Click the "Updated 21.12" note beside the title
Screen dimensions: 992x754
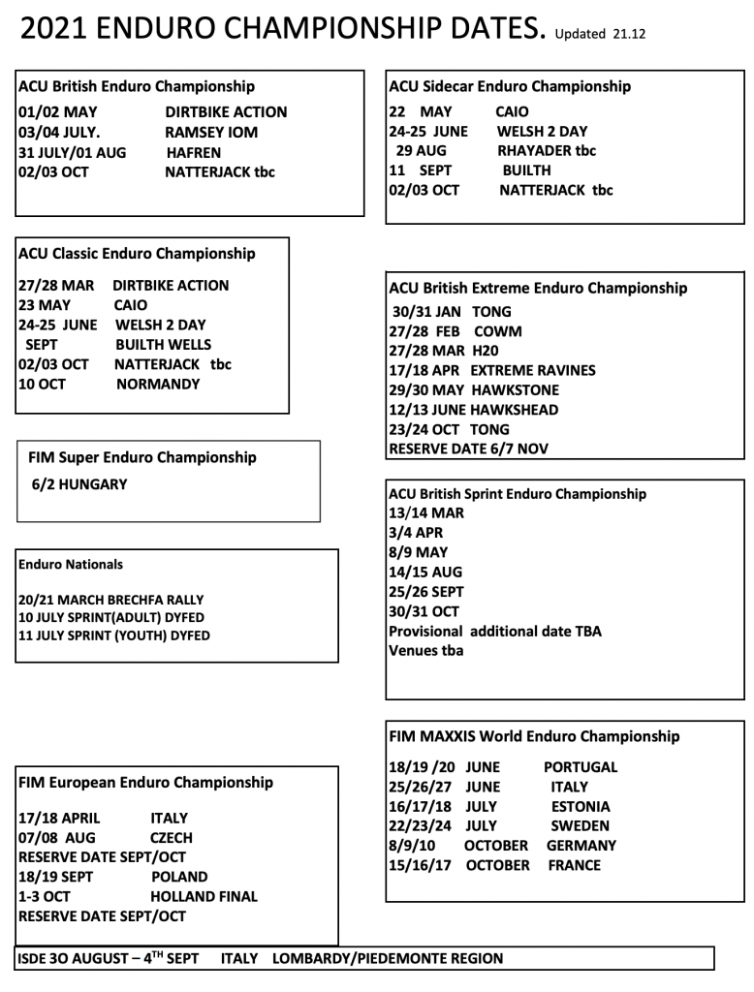click(x=600, y=35)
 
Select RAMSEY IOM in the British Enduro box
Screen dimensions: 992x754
click(x=211, y=133)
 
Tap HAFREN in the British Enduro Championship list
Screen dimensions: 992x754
click(x=194, y=153)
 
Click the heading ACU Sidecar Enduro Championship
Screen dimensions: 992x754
click(x=510, y=86)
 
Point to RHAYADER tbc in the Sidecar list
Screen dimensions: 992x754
click(x=547, y=150)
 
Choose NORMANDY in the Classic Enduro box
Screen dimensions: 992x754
click(x=158, y=384)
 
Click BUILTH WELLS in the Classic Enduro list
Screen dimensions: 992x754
click(x=163, y=344)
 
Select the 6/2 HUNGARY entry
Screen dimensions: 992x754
click(x=79, y=484)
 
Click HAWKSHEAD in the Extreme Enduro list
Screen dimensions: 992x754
click(x=531, y=410)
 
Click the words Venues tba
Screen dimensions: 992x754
click(x=426, y=650)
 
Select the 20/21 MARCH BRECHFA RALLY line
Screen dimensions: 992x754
click(x=111, y=600)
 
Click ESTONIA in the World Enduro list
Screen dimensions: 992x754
click(x=581, y=806)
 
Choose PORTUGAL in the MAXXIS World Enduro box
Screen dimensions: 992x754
click(x=581, y=766)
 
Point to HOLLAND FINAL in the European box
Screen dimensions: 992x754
click(x=204, y=896)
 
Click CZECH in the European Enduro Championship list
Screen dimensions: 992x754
click(x=171, y=838)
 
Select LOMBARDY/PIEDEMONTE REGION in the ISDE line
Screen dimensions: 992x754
click(x=388, y=958)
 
